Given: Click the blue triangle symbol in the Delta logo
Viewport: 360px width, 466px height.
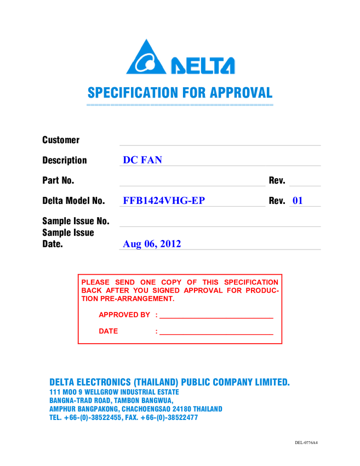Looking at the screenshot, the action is pyautogui.click(x=146, y=58).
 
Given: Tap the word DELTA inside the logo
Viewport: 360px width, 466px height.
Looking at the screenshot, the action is pyautogui.click(x=203, y=65).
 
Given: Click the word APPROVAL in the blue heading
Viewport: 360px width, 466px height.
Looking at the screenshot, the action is pyautogui.click(x=247, y=93).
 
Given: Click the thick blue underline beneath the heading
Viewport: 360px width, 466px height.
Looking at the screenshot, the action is pyautogui.click(x=180, y=104).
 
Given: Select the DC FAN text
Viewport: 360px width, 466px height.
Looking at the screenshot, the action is pyautogui.click(x=142, y=160).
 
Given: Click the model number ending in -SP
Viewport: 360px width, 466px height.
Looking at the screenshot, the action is pyautogui.click(x=163, y=200).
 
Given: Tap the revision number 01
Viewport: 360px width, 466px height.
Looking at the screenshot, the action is pyautogui.click(x=298, y=200).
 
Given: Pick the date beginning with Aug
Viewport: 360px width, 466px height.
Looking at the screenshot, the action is pyautogui.click(x=152, y=243).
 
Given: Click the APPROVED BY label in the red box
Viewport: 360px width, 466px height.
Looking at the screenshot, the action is pyautogui.click(x=124, y=315).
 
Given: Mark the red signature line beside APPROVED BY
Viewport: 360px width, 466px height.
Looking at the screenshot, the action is pyautogui.click(x=216, y=318).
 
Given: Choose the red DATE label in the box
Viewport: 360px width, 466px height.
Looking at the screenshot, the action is pyautogui.click(x=108, y=331).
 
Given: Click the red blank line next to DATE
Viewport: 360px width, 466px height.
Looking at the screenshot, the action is pyautogui.click(x=216, y=334).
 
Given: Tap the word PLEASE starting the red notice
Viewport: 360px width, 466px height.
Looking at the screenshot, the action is pyautogui.click(x=96, y=282).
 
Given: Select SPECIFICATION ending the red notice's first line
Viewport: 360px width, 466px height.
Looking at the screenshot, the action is pyautogui.click(x=254, y=282).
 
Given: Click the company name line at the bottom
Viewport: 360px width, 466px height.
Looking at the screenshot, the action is pyautogui.click(x=169, y=382).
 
